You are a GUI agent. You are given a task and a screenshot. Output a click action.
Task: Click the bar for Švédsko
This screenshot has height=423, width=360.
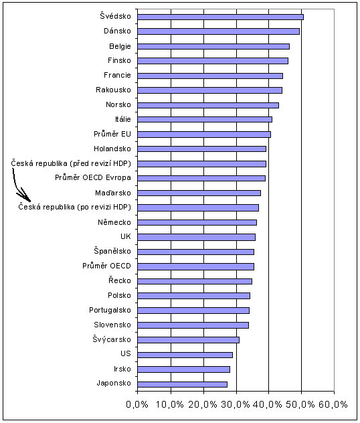(220, 17)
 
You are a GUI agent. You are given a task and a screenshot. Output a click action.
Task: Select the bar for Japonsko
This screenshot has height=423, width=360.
(182, 384)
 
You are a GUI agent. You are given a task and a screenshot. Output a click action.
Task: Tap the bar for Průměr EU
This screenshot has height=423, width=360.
(204, 135)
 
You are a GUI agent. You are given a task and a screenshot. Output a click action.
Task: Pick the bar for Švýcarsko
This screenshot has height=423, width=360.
(188, 340)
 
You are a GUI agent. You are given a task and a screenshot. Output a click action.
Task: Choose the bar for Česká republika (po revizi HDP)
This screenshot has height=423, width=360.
(198, 207)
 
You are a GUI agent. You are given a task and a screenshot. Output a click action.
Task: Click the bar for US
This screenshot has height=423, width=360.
(185, 355)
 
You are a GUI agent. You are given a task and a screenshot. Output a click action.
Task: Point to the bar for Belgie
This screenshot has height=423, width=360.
(213, 46)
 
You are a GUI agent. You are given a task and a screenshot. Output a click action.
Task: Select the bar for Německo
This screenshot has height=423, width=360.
(197, 223)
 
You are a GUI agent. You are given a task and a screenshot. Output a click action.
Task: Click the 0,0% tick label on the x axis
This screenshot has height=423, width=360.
(137, 404)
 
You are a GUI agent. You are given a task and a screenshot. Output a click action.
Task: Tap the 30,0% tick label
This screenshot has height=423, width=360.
(236, 404)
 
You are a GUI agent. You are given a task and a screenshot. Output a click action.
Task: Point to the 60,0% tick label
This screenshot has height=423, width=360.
(333, 404)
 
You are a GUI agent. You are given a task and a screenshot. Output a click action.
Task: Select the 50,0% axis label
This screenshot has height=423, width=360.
(300, 404)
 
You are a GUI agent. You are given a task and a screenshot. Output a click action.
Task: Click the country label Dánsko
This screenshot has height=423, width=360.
(117, 31)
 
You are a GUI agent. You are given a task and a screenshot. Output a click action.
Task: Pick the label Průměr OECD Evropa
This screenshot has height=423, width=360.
(93, 177)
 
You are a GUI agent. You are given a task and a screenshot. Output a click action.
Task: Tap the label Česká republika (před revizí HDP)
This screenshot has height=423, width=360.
(71, 163)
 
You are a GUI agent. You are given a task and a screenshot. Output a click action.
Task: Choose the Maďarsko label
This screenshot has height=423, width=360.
(113, 193)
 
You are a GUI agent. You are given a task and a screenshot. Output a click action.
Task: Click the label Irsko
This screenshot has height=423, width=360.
(122, 369)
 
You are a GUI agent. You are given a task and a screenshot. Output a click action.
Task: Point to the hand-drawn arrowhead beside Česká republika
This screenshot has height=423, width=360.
(25, 197)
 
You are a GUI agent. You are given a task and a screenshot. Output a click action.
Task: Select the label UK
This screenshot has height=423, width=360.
(126, 236)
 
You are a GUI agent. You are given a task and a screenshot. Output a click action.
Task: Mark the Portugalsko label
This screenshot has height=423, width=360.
(110, 311)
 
